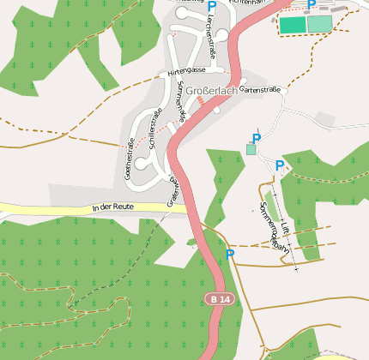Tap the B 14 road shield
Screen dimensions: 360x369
[x=220, y=298]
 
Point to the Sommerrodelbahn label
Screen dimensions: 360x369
[x=274, y=225]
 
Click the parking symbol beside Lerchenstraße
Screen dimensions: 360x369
[x=212, y=6]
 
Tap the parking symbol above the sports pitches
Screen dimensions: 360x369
[x=312, y=4]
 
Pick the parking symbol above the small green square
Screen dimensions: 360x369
[x=256, y=138]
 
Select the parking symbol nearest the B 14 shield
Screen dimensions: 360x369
[x=229, y=255]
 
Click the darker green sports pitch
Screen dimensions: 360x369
[x=292, y=25]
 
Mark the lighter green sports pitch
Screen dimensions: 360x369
[x=319, y=23]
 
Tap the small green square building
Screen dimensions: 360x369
[x=251, y=149]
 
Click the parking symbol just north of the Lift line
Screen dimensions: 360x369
[x=280, y=165]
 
